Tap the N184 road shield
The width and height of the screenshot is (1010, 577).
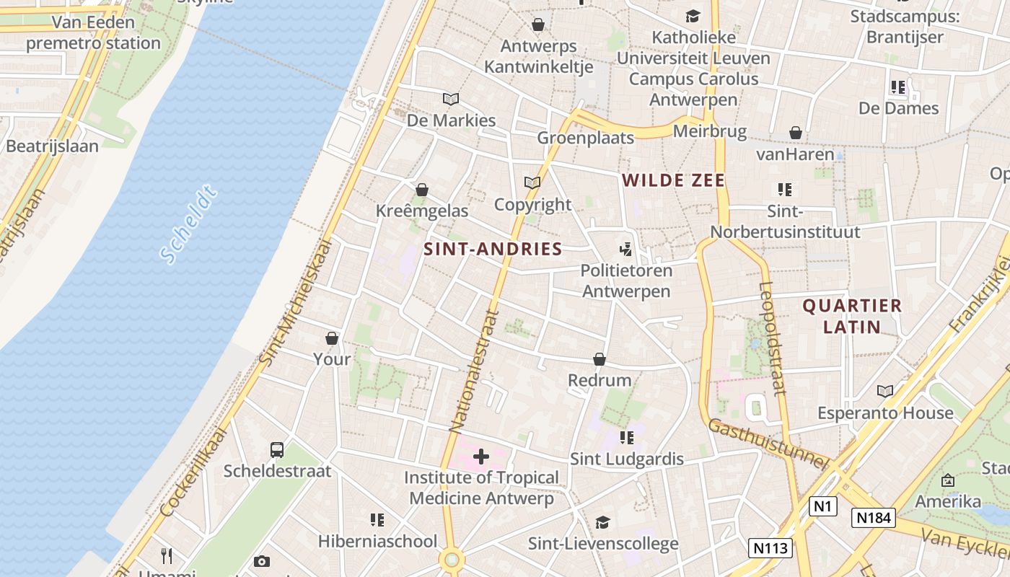873,517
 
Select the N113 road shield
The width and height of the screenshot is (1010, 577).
770,547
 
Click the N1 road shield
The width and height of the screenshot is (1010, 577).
822,506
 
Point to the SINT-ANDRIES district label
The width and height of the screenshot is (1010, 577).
493,250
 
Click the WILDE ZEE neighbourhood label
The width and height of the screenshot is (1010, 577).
673,180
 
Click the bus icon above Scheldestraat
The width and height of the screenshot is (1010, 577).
277,450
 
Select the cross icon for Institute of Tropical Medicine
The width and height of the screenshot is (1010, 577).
481,456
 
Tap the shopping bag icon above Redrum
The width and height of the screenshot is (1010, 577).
600,359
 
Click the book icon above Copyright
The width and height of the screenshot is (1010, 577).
532,183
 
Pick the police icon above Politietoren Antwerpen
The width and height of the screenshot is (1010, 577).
625,250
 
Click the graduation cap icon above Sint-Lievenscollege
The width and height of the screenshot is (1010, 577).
602,522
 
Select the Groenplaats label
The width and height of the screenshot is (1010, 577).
585,138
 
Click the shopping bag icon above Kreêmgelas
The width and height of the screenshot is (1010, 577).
422,190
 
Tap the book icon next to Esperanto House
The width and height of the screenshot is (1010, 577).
885,391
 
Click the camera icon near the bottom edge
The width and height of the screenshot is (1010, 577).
262,561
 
